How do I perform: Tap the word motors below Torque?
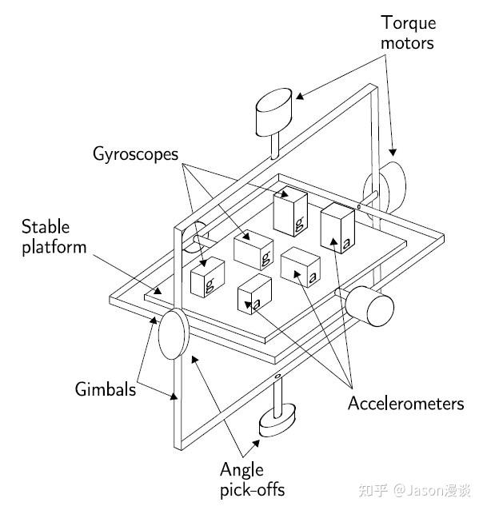[407, 43]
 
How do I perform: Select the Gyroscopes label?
[135, 154]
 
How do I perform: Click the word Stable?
[46, 226]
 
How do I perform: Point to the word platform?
[54, 247]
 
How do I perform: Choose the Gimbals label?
[105, 388]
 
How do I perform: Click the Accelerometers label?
[406, 404]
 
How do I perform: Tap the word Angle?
[241, 470]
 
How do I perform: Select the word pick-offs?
[253, 490]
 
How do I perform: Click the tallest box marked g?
[290, 211]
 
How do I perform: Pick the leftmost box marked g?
[207, 277]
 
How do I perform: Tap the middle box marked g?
[253, 249]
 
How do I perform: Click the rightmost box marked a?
[337, 228]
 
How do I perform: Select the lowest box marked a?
[254, 294]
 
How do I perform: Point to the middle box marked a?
[301, 267]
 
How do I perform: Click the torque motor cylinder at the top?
[273, 112]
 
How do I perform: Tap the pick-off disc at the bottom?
[277, 420]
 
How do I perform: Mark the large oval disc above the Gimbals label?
[174, 334]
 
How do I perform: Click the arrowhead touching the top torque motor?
[299, 96]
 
